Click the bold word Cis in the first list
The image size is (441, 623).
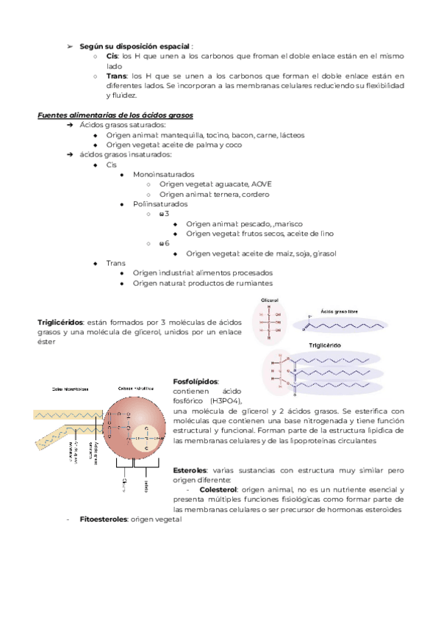(112, 55)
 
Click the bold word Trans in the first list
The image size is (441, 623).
(116, 76)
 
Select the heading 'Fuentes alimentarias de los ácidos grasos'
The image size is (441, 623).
(115, 115)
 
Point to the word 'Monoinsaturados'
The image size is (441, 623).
(159, 175)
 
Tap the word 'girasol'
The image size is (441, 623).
(324, 253)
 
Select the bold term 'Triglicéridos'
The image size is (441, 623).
(60, 322)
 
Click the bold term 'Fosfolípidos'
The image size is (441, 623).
(196, 382)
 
